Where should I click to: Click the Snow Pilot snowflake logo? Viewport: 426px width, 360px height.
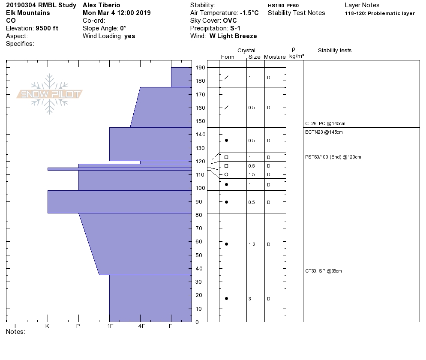(49, 94)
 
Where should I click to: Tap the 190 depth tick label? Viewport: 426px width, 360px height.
(200, 68)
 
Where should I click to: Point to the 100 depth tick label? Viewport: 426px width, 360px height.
(200, 188)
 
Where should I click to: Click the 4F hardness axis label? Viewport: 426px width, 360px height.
(141, 326)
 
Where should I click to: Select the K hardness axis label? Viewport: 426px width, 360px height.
(47, 326)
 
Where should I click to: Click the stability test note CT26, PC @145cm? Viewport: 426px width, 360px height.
(325, 123)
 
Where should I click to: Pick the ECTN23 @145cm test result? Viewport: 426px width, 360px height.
(324, 132)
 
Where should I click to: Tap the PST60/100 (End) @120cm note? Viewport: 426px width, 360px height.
(333, 157)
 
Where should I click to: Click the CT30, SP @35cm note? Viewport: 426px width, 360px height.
(323, 271)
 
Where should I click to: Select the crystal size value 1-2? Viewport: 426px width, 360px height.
(252, 245)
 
